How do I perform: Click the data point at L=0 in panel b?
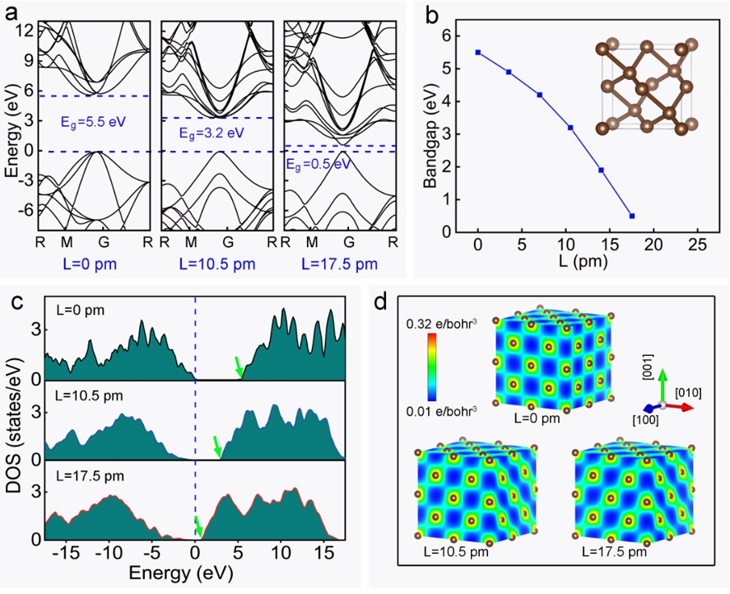pos(477,52)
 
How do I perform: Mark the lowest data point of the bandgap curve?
pos(631,216)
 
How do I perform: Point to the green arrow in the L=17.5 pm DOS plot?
pos(198,526)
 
